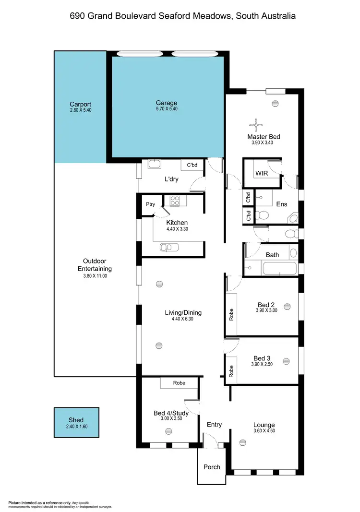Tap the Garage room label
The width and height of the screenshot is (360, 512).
(166, 103)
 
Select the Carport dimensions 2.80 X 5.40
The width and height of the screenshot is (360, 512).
(80, 110)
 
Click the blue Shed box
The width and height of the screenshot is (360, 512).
(76, 422)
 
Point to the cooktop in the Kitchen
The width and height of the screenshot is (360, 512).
(174, 201)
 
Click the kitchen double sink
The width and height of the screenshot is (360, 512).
(169, 248)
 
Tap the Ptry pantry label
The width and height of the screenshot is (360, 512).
(151, 204)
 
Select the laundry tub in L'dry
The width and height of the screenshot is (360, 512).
(155, 165)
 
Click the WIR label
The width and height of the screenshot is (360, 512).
(262, 173)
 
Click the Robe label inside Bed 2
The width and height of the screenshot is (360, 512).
(231, 314)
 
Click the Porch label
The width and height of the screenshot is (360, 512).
(212, 467)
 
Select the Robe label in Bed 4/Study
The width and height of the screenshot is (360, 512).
(179, 383)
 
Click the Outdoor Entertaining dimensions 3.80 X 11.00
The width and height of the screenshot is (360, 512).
(95, 276)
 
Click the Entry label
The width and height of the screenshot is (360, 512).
(214, 425)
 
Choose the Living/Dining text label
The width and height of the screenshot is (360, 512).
(183, 312)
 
